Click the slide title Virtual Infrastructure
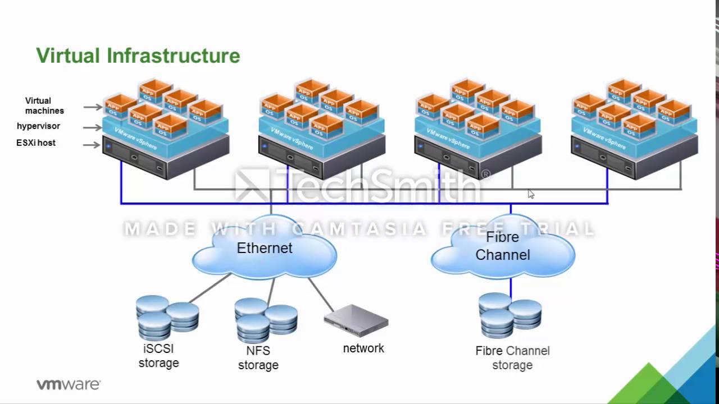138,56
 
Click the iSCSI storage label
158,356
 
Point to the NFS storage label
258,358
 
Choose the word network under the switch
363,348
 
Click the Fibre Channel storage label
512,358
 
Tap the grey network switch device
356,320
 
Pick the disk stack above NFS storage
266,320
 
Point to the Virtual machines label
44,106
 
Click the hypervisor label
38,126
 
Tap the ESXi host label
36,143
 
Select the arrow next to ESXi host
92,145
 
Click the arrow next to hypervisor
92,127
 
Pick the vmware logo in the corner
69,384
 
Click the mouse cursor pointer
531,194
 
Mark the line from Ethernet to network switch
321,295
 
